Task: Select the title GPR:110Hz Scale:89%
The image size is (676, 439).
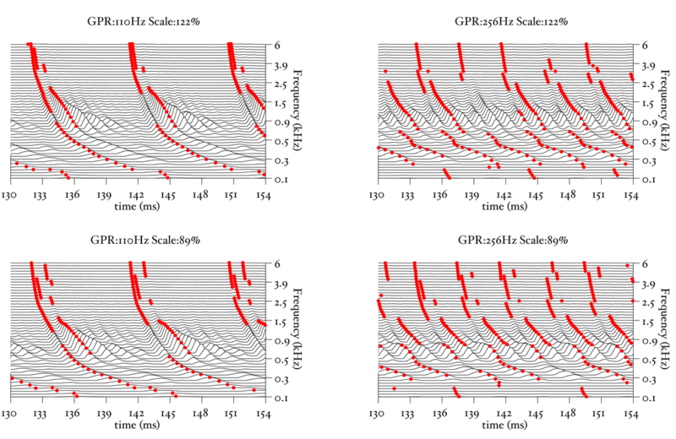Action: tap(139, 240)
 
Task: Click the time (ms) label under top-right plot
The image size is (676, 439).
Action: tap(502, 205)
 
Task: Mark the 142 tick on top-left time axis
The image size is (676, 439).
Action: tap(136, 194)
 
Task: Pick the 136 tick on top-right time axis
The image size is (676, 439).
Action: tap(439, 194)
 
